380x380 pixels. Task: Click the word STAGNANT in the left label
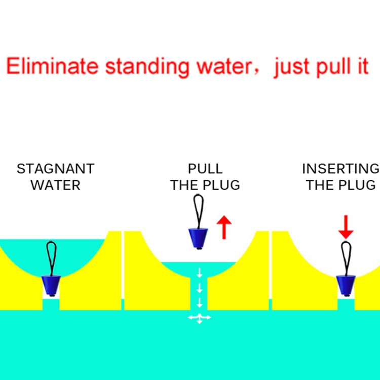tap(56, 169)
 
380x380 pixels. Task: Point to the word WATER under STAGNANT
tap(56, 185)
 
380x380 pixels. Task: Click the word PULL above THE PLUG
tap(205, 169)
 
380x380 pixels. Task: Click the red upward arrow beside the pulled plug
tap(223, 227)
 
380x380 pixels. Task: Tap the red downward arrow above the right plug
tap(346, 226)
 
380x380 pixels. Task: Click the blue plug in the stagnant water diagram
tap(51, 285)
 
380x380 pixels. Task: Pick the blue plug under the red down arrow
tap(346, 285)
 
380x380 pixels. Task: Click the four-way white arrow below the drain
tap(199, 318)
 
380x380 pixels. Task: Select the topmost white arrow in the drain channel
tap(199, 273)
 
